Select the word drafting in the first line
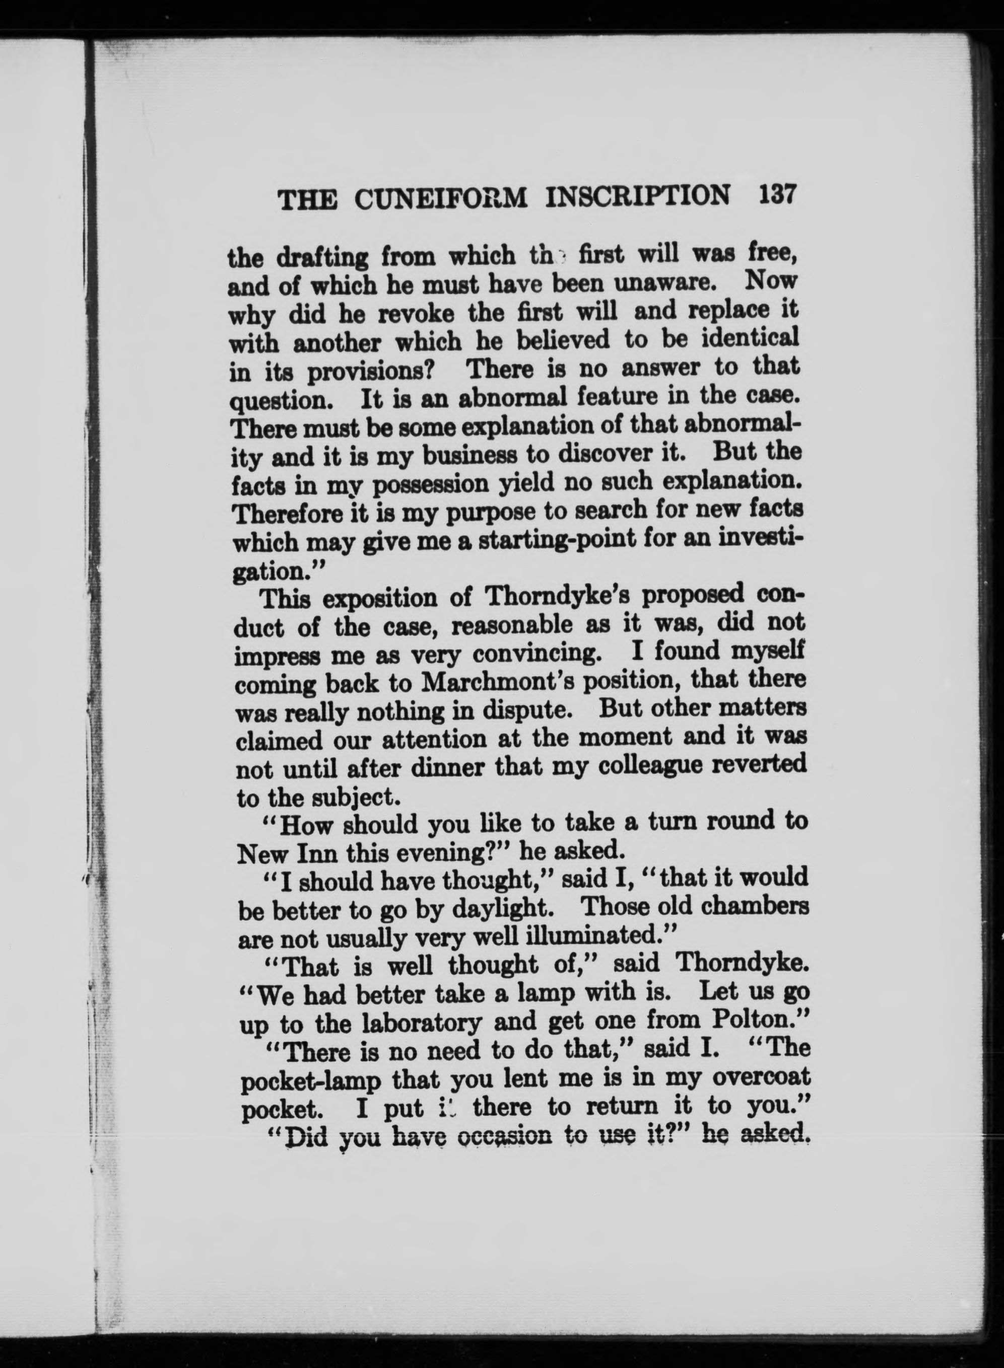click(322, 258)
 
